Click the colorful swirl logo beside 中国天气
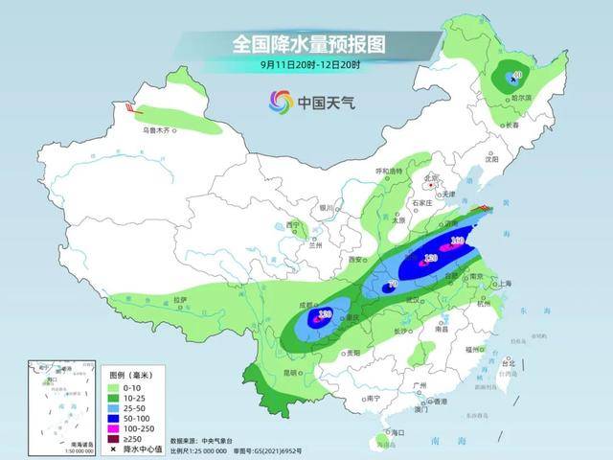[280, 101]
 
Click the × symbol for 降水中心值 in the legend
[113, 449]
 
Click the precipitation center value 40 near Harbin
[516, 76]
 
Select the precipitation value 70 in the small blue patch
[391, 285]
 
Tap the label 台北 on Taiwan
[509, 364]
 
